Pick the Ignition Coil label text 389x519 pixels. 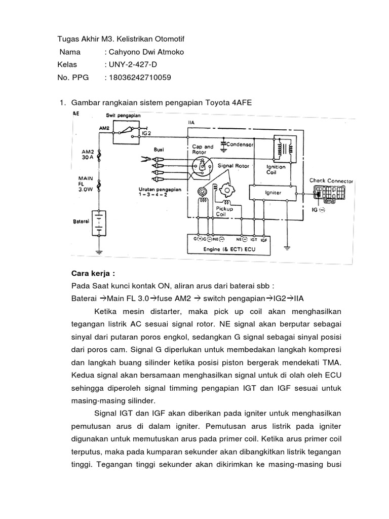coord(276,169)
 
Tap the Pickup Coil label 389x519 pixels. coord(224,211)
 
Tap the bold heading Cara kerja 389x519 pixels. coord(90,273)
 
